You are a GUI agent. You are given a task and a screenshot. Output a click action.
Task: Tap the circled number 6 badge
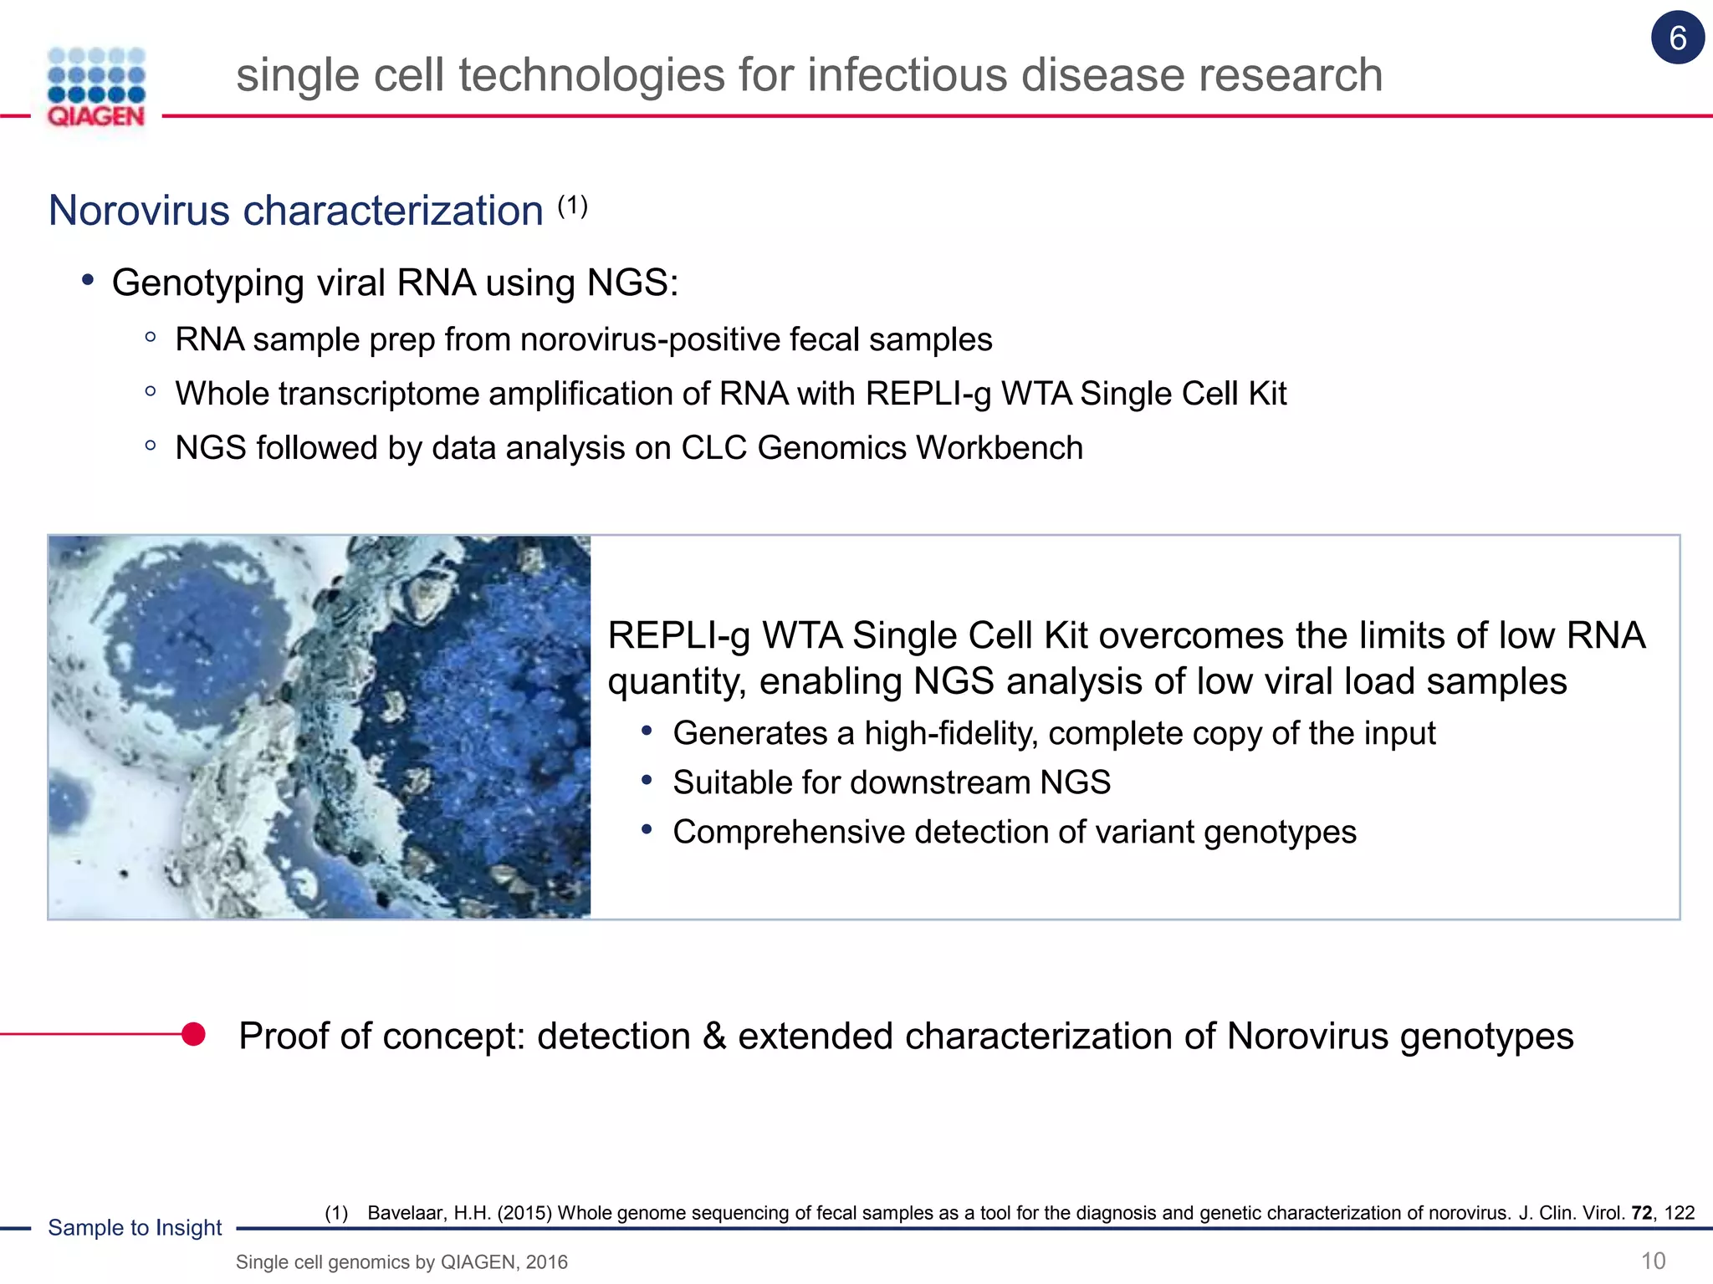pyautogui.click(x=1677, y=38)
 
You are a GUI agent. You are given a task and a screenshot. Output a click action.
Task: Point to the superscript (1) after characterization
pyautogui.click(x=573, y=205)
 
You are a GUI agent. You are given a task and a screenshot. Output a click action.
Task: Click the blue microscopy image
pyautogui.click(x=320, y=727)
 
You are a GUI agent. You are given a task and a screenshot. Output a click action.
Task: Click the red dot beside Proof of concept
pyautogui.click(x=193, y=1034)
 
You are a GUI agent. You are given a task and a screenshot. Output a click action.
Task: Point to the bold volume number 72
pyautogui.click(x=1641, y=1213)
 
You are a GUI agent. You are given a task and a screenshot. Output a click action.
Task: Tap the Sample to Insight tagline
pyautogui.click(x=135, y=1227)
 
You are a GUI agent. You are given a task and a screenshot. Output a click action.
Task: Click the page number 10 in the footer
pyautogui.click(x=1653, y=1261)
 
